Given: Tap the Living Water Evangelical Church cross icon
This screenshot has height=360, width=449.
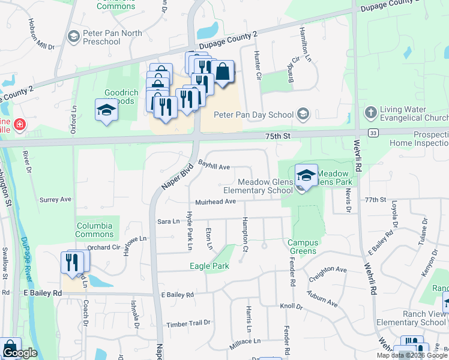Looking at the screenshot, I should (370, 112).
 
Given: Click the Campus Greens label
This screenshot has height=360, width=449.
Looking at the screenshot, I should (302, 247).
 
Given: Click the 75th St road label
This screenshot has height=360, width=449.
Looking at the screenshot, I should (279, 137).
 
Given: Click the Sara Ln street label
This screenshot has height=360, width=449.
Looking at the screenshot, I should (168, 221).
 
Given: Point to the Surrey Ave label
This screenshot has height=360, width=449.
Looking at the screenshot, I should (55, 199).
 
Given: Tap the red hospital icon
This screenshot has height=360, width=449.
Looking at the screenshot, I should (19, 125).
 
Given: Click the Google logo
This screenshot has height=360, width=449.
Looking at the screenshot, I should (19, 353).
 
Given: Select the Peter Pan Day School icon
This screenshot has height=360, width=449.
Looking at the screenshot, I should (303, 114).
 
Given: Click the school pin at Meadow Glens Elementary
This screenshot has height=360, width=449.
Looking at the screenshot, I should (306, 175).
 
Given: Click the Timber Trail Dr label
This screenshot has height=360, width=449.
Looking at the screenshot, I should (189, 323).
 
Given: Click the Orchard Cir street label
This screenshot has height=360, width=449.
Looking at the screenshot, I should (103, 247).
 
